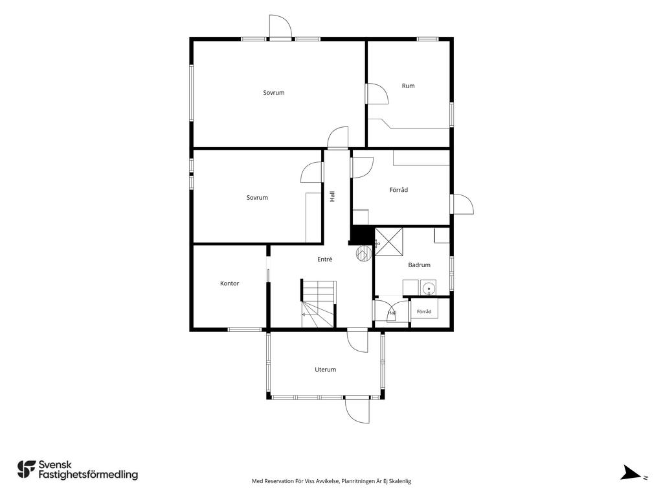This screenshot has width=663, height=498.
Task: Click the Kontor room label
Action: [x=230, y=283]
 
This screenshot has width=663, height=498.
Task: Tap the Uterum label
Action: [x=326, y=369]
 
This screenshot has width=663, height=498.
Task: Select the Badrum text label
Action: [x=419, y=265]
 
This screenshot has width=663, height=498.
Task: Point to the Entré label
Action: [x=325, y=259]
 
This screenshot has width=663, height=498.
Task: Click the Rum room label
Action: [x=408, y=86]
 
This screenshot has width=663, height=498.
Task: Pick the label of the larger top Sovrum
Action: [x=274, y=92]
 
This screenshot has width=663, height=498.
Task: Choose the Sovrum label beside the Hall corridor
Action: [x=257, y=197]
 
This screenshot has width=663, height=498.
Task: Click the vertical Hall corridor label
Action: [x=332, y=196]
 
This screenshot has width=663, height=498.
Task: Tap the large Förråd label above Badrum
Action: [x=399, y=190]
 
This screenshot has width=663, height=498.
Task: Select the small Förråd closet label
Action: [x=424, y=311]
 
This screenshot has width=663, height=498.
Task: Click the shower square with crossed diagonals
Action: [x=389, y=242]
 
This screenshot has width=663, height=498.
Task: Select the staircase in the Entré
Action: [x=319, y=303]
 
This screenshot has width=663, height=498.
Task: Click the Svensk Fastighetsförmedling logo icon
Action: [x=26, y=469]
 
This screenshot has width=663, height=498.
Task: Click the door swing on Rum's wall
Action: [x=377, y=93]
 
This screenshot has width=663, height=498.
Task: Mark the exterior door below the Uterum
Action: [x=357, y=410]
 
